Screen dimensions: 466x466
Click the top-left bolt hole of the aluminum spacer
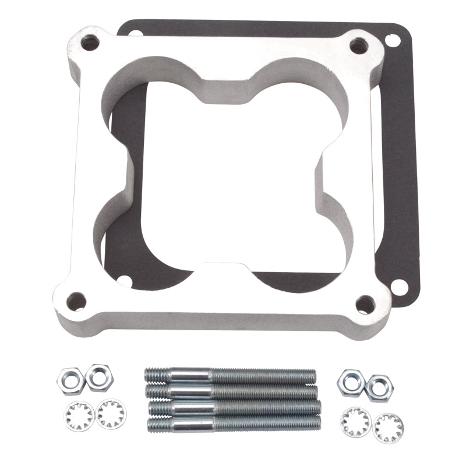[x=91, y=41]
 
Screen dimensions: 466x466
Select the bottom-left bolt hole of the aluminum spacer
[x=76, y=301]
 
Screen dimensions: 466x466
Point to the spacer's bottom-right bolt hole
[x=365, y=303]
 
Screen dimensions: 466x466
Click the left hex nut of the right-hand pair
[x=351, y=379]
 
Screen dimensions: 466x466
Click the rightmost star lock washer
[x=386, y=428]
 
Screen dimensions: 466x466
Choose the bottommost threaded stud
[x=234, y=423]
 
